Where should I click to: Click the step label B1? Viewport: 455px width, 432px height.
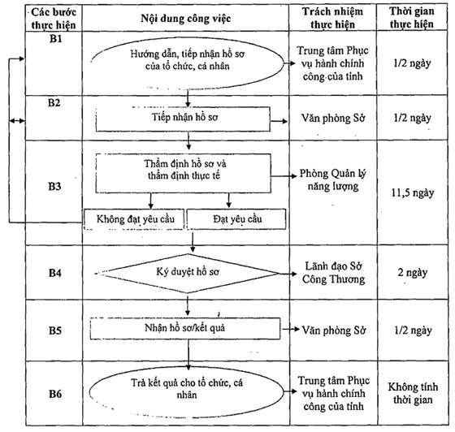tap(55, 39)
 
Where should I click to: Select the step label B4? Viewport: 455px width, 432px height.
tap(55, 273)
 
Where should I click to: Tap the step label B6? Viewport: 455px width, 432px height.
tap(55, 394)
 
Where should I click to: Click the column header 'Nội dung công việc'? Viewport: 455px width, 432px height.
tap(186, 19)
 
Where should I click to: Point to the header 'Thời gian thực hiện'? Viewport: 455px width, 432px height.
tap(412, 18)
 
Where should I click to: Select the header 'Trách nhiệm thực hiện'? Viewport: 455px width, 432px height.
tap(332, 18)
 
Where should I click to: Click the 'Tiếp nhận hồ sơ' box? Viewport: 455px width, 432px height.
tap(183, 119)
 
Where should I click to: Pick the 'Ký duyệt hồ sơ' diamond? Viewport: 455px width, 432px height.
tap(187, 274)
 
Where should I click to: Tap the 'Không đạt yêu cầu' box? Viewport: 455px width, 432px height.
tap(134, 219)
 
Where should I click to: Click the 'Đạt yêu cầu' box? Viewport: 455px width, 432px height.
tap(236, 219)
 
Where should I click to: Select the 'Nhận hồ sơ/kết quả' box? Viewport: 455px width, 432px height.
tap(185, 329)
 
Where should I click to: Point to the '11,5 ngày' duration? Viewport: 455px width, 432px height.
tap(413, 192)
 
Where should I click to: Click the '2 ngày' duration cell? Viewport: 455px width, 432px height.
tap(413, 273)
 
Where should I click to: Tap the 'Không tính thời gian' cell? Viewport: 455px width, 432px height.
tap(413, 393)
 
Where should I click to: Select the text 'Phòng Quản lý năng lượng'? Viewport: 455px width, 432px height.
tap(333, 179)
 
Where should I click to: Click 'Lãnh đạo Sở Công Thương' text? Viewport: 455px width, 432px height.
tap(333, 273)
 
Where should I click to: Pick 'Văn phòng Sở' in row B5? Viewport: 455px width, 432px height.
tap(334, 330)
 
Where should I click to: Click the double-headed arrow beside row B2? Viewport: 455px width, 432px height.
tap(17, 121)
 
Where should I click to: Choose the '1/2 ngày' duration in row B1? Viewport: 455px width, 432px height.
tap(412, 63)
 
